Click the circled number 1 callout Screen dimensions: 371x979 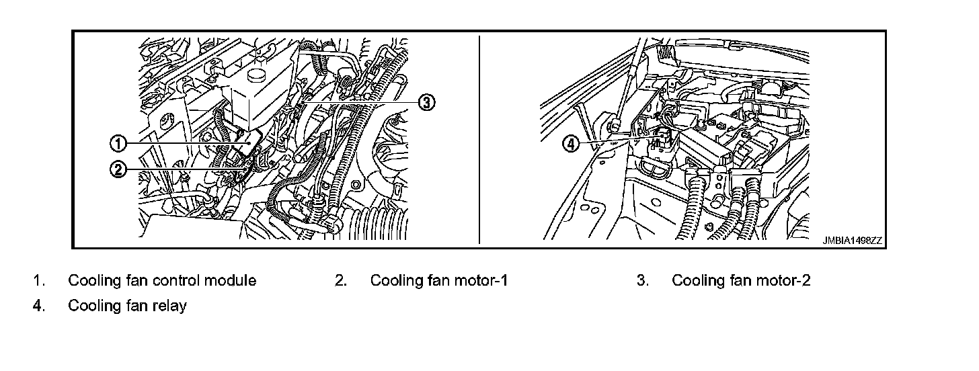click(118, 143)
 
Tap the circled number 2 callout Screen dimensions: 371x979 click(118, 169)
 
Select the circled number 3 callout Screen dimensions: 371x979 click(426, 102)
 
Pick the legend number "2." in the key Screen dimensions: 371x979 click(341, 281)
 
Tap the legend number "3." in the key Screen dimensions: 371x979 click(643, 281)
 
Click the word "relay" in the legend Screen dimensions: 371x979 click(170, 306)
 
